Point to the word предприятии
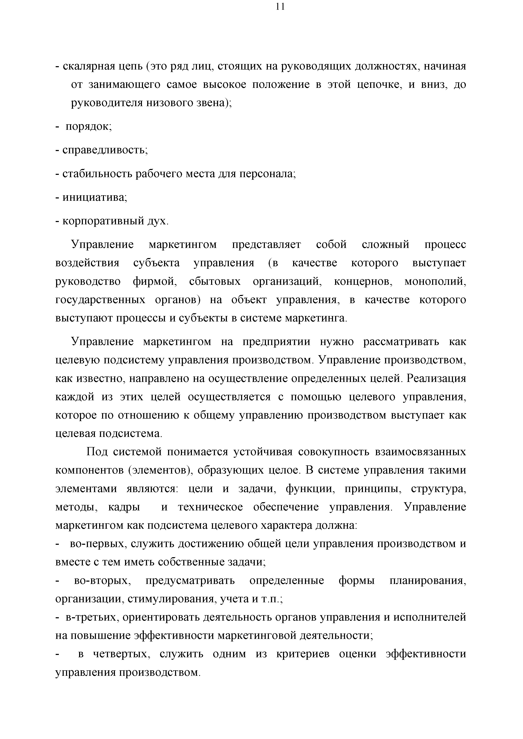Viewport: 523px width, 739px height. tap(276, 341)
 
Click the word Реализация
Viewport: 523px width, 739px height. tap(436, 378)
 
